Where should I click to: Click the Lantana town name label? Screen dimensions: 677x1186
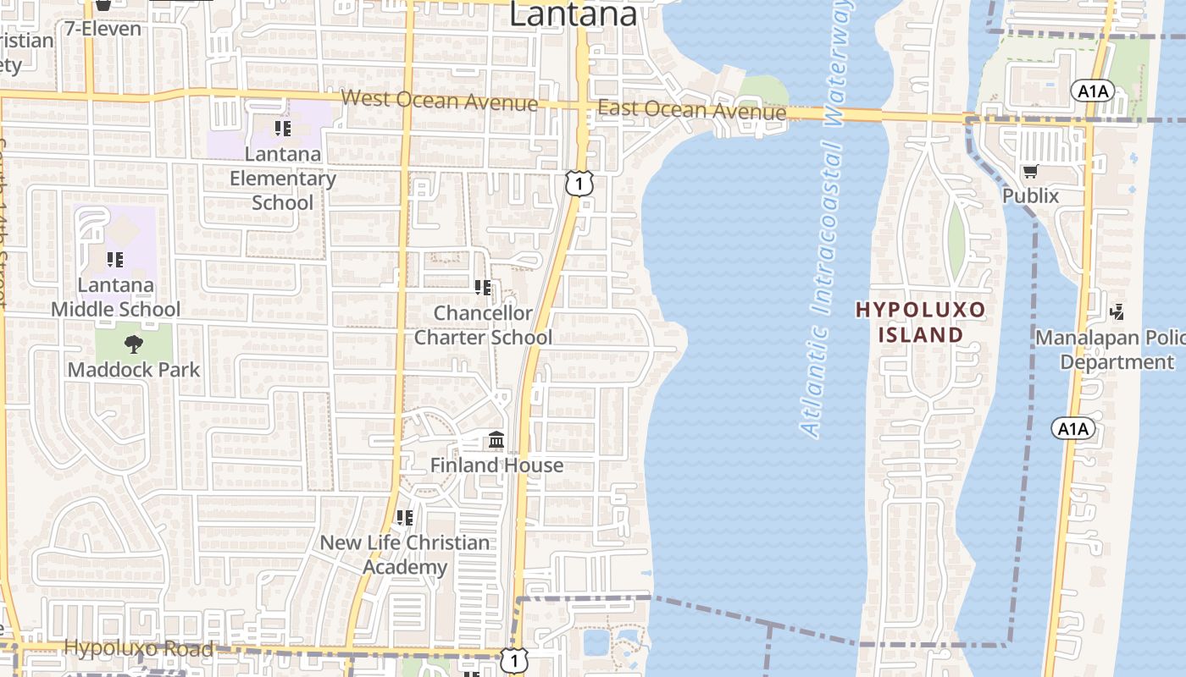coord(573,14)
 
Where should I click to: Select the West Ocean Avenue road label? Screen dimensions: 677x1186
coord(439,101)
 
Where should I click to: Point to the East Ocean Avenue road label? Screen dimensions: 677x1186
coord(691,110)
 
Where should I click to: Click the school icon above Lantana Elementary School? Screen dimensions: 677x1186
coord(282,129)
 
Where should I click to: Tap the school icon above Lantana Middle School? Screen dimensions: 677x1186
coord(114,260)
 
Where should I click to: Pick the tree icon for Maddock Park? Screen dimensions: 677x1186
coord(133,344)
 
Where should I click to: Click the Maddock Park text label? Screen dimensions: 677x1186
coord(134,370)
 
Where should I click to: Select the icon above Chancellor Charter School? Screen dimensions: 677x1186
coord(483,288)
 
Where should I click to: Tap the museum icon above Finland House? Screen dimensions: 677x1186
coord(496,440)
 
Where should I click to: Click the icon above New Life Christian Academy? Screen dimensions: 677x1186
coord(404,517)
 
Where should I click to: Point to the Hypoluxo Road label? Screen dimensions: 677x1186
coord(139,649)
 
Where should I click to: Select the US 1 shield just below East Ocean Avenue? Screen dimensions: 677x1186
coord(578,182)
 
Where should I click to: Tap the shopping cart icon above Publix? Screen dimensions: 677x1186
coord(1030,172)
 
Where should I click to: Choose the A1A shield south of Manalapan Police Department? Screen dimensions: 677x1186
coord(1072,429)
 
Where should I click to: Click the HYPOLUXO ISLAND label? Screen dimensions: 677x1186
coord(921,322)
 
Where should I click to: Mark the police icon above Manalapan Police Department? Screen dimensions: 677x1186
coord(1117,312)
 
